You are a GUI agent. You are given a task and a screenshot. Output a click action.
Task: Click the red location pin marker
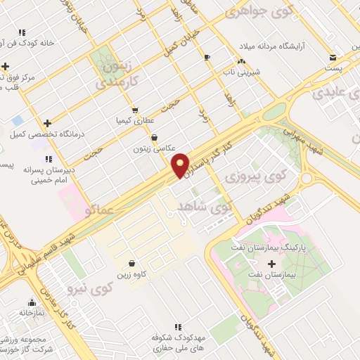click(181, 164)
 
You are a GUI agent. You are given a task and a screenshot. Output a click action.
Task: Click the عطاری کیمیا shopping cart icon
click(134, 110)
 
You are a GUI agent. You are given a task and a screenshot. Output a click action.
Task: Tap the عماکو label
click(98, 209)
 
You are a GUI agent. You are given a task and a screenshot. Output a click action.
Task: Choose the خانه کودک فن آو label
click(46, 44)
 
